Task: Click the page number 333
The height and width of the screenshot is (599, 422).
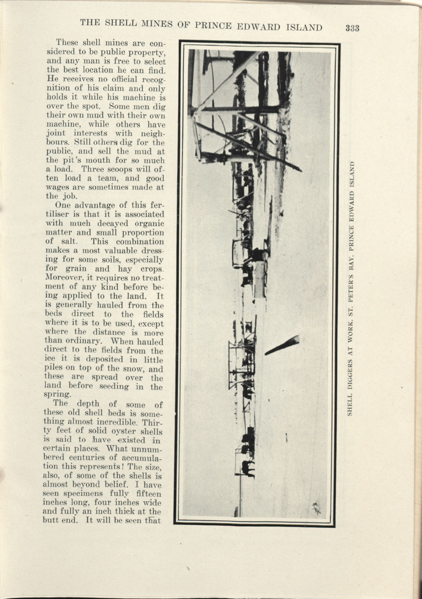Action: coord(352,28)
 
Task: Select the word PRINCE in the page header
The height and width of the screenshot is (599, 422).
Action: coord(213,26)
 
